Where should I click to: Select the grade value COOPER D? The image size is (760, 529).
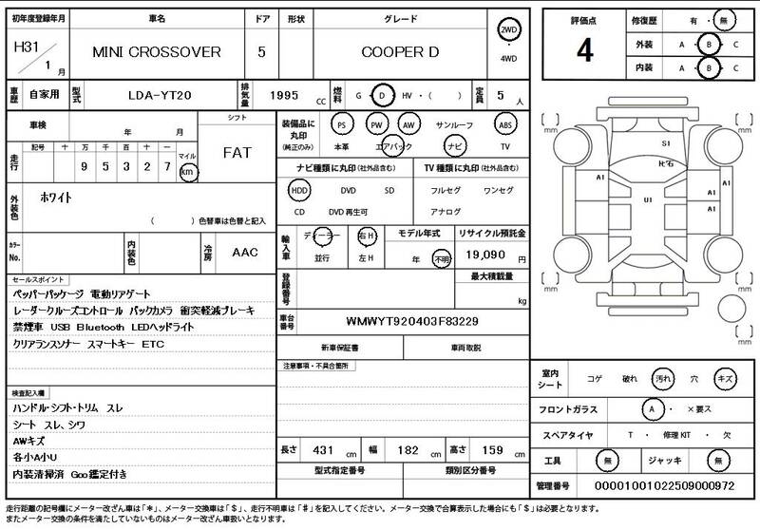400,51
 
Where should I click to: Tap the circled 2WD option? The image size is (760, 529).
509,31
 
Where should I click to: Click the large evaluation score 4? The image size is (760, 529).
584,51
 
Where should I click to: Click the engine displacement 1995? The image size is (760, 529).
284,96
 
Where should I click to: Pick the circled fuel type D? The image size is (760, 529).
382,96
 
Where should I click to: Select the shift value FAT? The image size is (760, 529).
237,152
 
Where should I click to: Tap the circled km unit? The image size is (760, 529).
188,172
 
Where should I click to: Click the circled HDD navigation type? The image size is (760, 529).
300,190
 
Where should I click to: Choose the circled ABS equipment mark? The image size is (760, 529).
505,124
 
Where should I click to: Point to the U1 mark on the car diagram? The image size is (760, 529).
648,200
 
